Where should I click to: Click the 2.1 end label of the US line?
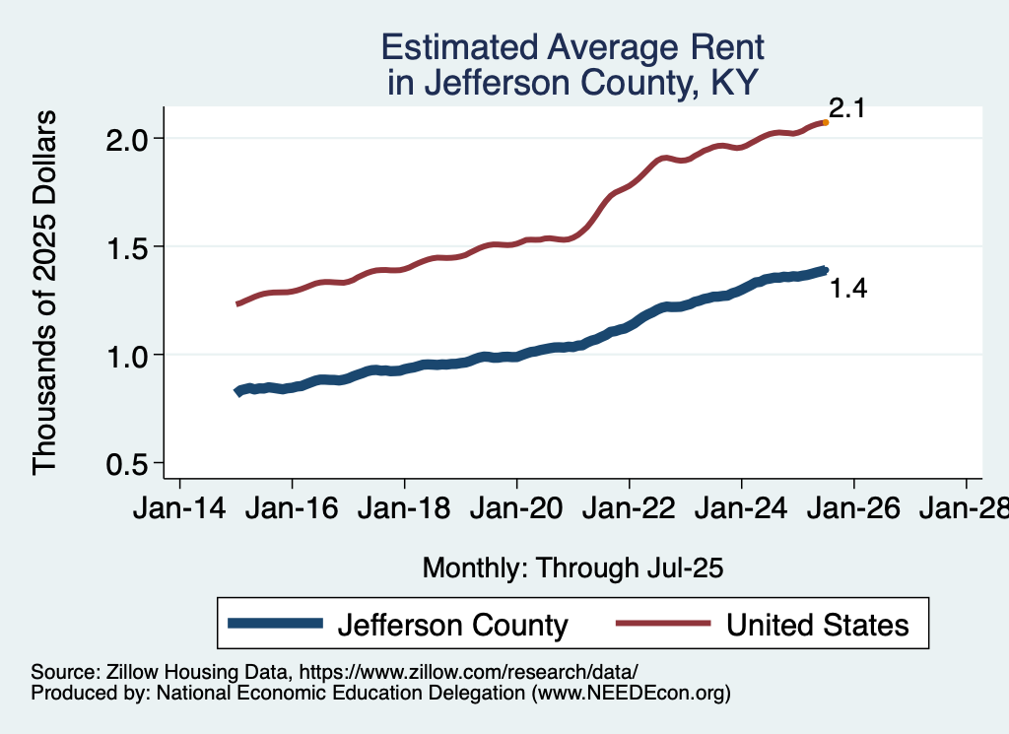point(846,109)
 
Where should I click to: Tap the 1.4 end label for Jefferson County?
point(846,290)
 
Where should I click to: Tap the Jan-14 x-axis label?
point(179,510)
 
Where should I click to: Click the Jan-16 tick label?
point(292,510)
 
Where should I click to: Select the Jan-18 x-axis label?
point(404,510)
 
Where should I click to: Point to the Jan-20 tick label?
point(516,510)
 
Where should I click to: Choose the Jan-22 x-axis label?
point(629,510)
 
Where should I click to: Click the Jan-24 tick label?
point(741,510)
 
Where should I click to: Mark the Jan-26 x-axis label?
point(853,510)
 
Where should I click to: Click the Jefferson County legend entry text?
point(452,625)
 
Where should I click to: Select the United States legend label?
point(816,625)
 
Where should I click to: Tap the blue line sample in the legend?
point(275,624)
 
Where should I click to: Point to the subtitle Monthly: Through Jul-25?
point(572,568)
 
